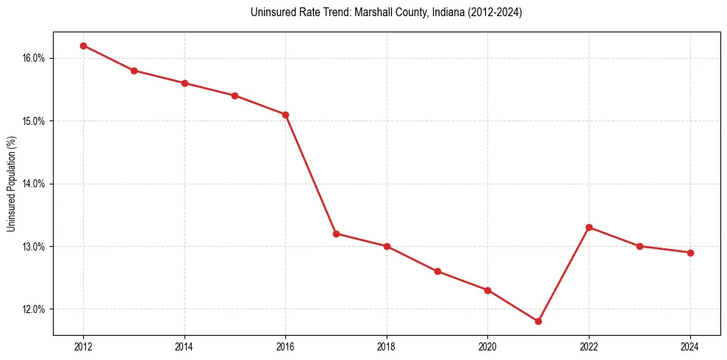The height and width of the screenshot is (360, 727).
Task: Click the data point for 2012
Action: point(83,46)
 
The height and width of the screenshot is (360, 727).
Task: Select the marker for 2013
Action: point(134,71)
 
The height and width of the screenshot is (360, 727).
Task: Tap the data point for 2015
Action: point(235,96)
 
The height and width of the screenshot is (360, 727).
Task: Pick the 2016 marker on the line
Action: point(286,115)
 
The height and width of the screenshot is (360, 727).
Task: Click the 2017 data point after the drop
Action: point(336,234)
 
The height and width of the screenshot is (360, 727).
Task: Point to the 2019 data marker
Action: point(437,271)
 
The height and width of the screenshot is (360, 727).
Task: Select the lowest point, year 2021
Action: point(538,321)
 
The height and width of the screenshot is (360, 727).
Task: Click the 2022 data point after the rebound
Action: point(589,227)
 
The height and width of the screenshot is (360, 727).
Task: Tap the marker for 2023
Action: point(640,246)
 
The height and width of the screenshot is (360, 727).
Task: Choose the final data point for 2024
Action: point(690,253)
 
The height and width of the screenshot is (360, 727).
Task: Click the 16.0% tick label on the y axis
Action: point(34,58)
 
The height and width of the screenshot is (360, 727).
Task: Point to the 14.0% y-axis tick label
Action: point(34,184)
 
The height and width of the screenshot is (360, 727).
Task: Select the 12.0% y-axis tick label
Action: point(34,309)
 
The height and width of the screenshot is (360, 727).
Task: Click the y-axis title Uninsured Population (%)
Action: point(12,184)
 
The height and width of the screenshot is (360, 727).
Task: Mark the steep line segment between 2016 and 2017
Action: point(311,174)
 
